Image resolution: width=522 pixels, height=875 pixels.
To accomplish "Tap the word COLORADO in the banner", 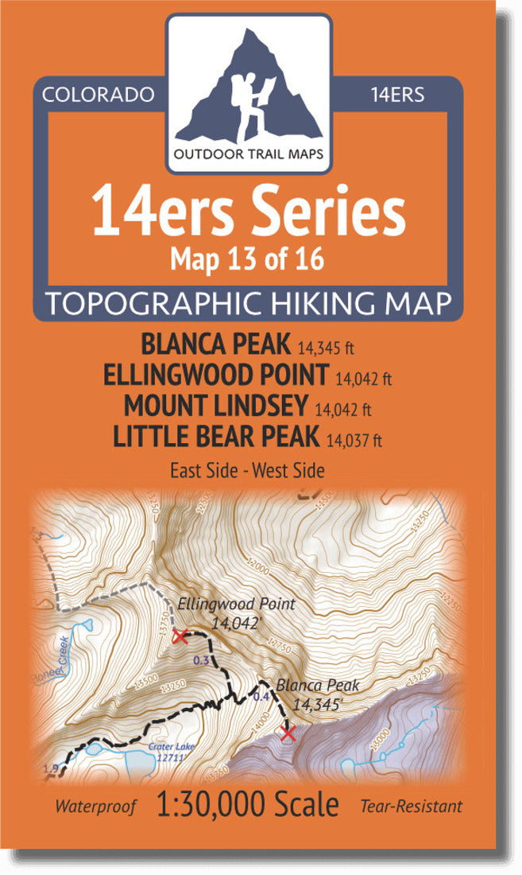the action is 98,95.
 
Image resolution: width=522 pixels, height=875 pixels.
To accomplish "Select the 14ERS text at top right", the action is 397,95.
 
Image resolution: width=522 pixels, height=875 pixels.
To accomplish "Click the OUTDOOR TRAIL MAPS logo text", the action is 249,154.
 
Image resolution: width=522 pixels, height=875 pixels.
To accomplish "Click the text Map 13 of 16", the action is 249,259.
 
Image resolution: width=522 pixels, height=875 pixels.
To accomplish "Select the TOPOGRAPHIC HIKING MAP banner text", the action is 249,304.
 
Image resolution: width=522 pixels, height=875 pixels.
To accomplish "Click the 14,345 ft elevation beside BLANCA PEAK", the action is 327,348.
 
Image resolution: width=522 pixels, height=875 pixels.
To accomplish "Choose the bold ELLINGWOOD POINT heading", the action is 216,374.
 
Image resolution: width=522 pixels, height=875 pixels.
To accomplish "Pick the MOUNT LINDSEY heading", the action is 215,405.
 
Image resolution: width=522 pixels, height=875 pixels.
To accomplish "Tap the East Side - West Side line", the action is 247,470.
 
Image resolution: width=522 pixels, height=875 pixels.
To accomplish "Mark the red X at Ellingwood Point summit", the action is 180,636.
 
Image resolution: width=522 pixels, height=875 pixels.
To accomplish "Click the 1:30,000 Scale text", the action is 249,805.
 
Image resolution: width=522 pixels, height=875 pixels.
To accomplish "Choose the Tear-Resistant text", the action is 411,807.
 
